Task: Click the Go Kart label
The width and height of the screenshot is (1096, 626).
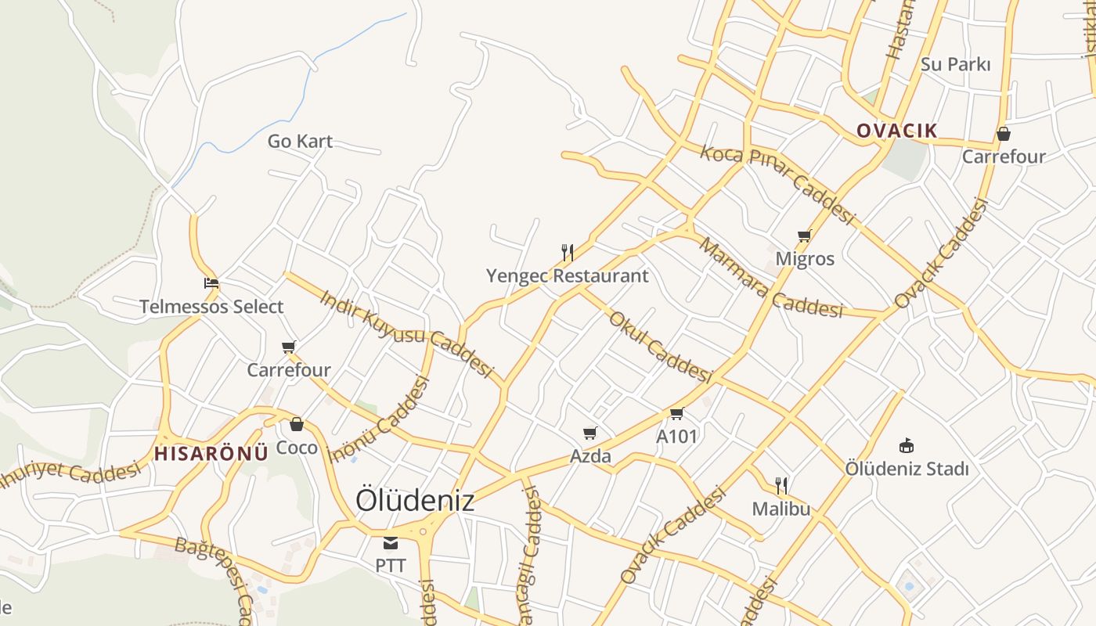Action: point(300,142)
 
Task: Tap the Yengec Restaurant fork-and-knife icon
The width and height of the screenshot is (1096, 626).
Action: point(568,252)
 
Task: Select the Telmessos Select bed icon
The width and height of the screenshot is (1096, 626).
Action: point(211,283)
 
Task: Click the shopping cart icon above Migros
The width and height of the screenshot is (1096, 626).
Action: point(804,236)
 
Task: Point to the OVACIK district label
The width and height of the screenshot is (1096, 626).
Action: point(896,131)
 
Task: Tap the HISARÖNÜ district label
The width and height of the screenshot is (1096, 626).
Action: point(211,453)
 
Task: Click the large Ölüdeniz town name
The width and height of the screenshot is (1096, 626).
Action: point(415,500)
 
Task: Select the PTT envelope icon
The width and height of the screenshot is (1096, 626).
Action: point(390,543)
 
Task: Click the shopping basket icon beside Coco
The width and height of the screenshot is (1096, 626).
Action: point(297,424)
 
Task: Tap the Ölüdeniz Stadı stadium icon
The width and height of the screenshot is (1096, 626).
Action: point(907,446)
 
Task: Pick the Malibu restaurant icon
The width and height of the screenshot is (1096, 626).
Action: point(781,485)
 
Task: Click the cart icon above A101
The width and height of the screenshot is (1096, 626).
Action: point(676,413)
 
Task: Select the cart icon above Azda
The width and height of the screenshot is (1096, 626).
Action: point(590,433)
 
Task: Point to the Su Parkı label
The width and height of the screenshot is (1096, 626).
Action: point(955,64)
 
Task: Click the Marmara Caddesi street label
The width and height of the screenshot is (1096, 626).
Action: point(770,279)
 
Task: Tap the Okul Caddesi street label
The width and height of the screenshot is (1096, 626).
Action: point(660,346)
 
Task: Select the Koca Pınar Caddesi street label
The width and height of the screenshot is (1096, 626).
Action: point(777,184)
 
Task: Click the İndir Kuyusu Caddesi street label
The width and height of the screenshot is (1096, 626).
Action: point(406,333)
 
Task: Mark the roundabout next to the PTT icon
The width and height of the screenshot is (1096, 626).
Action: point(424,532)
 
